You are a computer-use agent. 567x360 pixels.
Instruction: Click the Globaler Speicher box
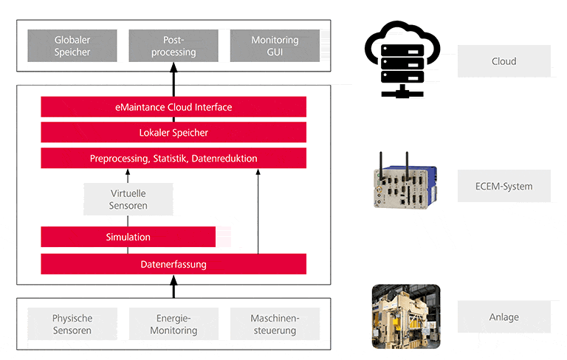pos(72,46)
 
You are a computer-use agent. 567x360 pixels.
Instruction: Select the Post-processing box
pos(173,46)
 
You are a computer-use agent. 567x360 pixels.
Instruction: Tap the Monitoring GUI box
pos(275,46)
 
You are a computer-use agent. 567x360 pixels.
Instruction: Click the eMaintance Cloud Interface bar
pos(173,107)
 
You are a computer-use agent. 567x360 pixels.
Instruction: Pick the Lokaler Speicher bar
pos(173,133)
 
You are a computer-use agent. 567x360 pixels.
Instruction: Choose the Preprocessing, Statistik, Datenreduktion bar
pos(173,159)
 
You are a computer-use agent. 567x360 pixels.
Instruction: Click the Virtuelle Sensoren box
pos(128,199)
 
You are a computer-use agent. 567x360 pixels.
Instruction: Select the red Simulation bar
pos(128,237)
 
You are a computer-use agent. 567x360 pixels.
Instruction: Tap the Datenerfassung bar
pos(173,264)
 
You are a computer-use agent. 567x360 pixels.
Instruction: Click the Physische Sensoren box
pos(72,325)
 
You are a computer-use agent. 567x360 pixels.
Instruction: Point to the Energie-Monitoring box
pos(173,325)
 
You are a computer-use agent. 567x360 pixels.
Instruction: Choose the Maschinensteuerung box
pos(275,325)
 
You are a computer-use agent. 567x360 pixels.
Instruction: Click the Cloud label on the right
pos(504,61)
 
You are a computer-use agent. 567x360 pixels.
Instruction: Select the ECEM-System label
pos(504,187)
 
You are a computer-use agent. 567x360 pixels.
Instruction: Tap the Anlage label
pos(504,317)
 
